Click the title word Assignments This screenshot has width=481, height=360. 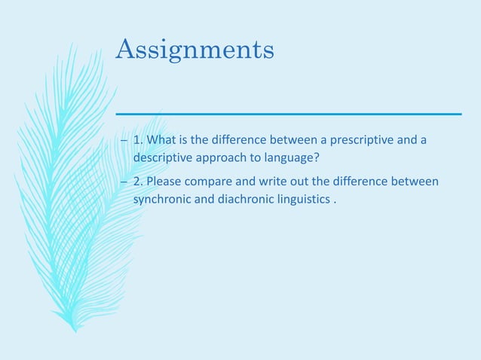(x=195, y=50)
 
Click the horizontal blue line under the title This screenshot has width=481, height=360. (x=288, y=114)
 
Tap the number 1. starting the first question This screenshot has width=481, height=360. (x=138, y=140)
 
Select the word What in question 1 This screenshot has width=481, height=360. (x=162, y=140)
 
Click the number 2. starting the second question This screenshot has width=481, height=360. (x=138, y=182)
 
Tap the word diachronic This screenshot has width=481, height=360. (x=246, y=200)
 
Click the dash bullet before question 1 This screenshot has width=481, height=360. (x=124, y=141)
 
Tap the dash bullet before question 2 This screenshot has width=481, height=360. (x=124, y=183)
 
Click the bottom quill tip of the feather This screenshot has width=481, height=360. (x=74, y=329)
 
